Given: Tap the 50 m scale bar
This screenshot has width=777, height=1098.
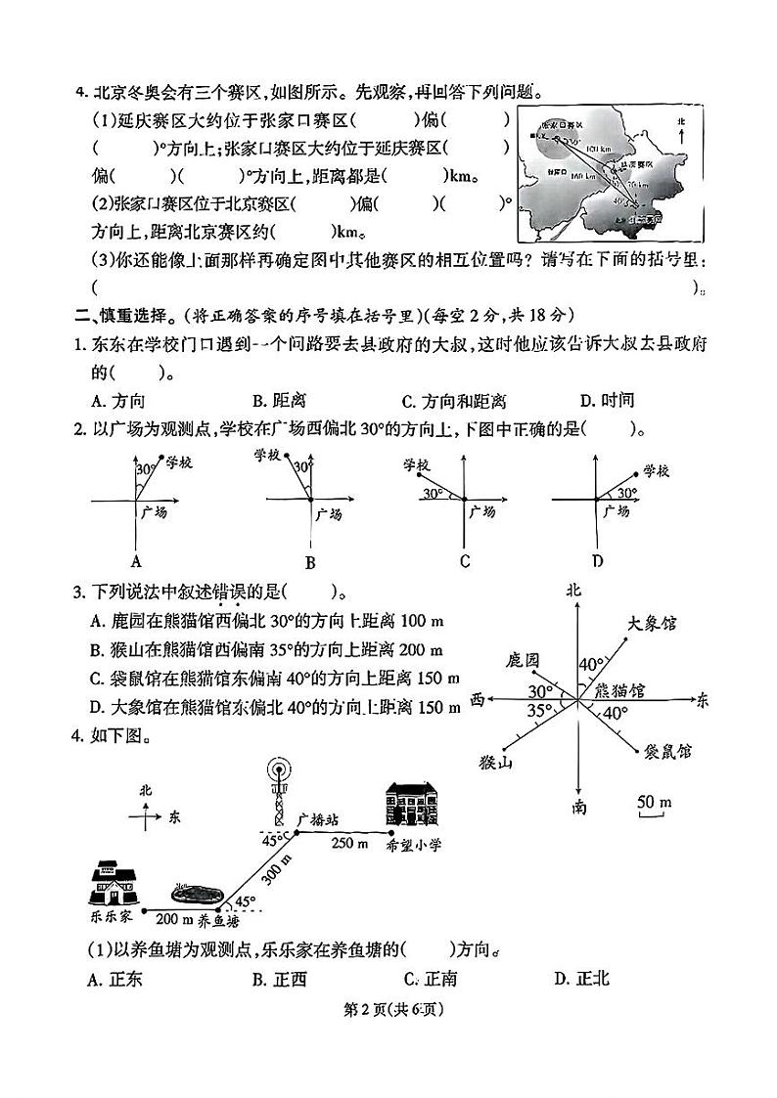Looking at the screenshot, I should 654,805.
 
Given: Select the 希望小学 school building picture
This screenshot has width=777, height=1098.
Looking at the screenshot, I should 415,809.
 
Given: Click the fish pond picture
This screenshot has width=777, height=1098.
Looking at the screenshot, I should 196,895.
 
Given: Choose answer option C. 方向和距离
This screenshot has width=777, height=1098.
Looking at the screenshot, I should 454,401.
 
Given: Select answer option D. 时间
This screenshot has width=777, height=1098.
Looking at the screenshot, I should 607,401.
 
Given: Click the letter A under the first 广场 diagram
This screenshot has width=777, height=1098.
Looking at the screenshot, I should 136,561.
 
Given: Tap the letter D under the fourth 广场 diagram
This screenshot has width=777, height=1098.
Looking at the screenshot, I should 597,560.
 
